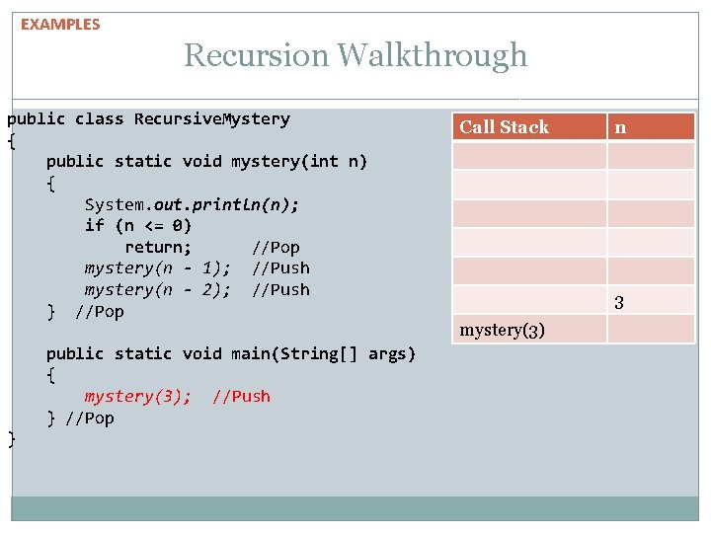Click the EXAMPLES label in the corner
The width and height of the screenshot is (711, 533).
coord(60,25)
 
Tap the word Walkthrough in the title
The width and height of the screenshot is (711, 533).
coord(432,56)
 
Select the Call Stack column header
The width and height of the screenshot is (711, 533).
coord(504,126)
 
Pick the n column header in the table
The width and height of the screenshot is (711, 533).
coord(620,126)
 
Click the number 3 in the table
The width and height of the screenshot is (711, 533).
coord(619,303)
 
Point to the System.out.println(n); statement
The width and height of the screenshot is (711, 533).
coord(192,204)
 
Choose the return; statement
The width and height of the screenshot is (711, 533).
coord(158,247)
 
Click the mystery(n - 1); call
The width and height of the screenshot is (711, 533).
coord(158,268)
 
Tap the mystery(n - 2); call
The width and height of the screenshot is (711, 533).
coord(158,289)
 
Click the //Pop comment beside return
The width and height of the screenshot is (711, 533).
coord(276,247)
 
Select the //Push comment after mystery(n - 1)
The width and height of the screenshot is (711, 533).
coord(280,268)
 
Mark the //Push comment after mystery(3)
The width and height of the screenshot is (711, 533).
coord(241,397)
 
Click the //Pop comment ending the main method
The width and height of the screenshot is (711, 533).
coord(90,419)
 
